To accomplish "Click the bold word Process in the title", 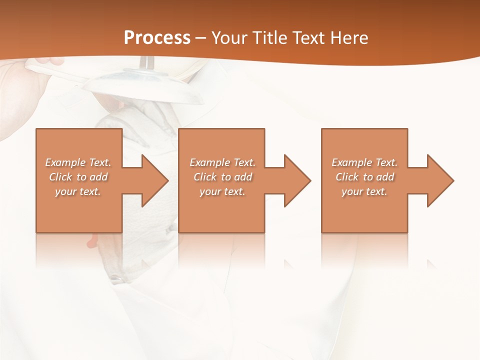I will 157,38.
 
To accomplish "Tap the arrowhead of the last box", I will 439,180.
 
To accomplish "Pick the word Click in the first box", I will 61,177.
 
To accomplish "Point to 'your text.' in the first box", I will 78,191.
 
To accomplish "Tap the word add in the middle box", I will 243,177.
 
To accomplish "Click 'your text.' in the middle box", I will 222,191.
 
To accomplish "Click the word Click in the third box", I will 347,177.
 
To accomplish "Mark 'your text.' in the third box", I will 364,191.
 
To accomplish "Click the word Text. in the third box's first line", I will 386,162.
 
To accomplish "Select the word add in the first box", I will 98,177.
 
